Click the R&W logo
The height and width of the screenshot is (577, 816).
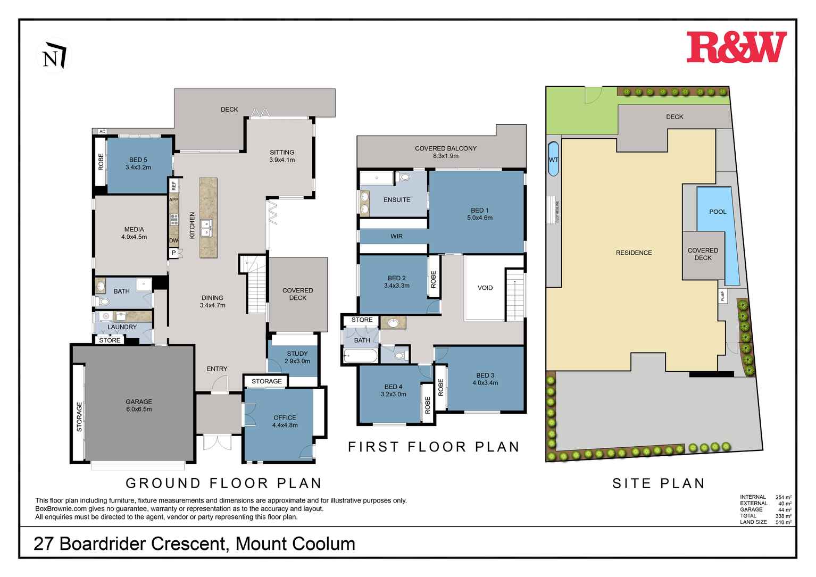point(736,47)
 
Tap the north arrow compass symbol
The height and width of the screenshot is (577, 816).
point(54,56)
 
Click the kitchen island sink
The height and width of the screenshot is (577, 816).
point(206,228)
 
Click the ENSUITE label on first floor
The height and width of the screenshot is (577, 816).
point(397,200)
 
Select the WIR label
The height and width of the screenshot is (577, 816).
point(396,236)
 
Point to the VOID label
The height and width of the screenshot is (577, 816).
point(485,288)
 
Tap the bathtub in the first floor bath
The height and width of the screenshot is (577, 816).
point(361,356)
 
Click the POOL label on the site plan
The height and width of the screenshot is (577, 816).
point(717,212)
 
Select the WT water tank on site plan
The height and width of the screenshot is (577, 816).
point(553,159)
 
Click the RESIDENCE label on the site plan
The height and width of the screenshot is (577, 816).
point(634,253)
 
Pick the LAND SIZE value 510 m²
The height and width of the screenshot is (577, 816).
point(783,522)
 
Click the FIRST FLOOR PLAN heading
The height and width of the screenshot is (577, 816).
point(434,447)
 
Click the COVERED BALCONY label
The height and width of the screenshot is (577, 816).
point(446,148)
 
